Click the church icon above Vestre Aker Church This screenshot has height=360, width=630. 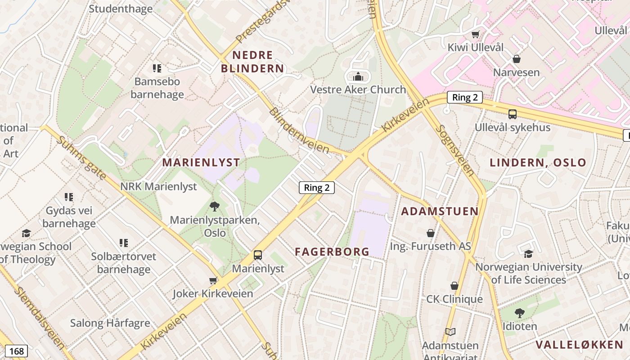point(358,76)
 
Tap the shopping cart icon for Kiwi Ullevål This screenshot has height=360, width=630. point(475,34)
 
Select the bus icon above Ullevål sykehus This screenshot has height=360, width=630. point(512,114)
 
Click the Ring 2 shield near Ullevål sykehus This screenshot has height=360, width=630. point(465,97)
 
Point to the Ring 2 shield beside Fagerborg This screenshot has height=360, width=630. point(317,188)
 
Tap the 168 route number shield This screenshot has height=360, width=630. point(16,351)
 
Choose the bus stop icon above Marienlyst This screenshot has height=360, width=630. point(258,255)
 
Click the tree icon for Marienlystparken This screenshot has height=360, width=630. point(215,207)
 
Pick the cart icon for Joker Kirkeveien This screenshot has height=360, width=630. point(213,281)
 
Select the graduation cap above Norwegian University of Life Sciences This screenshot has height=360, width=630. point(528,254)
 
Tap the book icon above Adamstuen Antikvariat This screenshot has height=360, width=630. point(450,332)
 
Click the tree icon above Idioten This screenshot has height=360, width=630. point(519,313)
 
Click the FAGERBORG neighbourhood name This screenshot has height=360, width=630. point(332,252)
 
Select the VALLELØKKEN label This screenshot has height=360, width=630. point(579,345)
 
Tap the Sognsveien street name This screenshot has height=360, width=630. point(455,150)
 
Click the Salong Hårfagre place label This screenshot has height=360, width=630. point(110,323)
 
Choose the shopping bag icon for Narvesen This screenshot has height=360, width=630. point(516,59)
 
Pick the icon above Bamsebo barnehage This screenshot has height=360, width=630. point(157,68)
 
